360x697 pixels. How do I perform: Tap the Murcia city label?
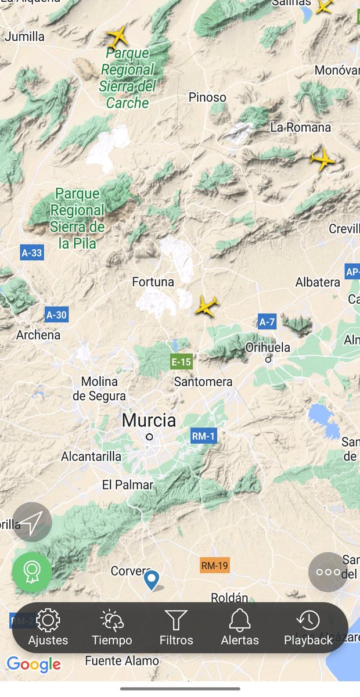pos(149,420)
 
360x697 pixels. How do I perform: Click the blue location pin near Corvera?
pos(152,579)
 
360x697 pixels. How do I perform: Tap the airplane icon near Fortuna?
pos(206,306)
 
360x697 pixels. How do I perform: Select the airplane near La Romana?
pos(322,159)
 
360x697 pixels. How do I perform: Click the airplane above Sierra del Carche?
pos(118,37)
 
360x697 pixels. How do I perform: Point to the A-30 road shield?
pos(56,315)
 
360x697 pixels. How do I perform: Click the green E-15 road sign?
pos(181,362)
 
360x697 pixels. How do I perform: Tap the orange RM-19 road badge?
pos(214,565)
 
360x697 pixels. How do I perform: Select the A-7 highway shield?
pos(267,322)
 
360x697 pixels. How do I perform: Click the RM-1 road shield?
pos(203,436)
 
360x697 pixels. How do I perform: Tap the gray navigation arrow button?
pos(33,522)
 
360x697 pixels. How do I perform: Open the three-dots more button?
pos(328,572)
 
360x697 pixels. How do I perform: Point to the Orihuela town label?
pos(268,347)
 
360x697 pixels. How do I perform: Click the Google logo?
pos(34,664)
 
